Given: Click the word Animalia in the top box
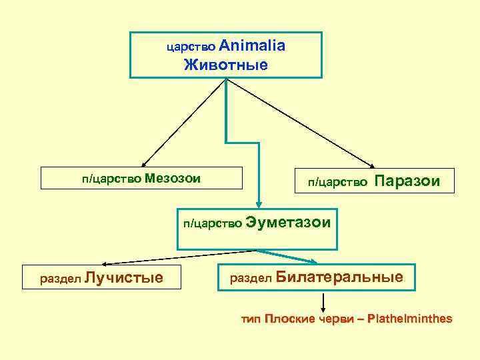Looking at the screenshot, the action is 252,46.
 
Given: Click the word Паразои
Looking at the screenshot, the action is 408,181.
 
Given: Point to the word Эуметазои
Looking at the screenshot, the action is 288,222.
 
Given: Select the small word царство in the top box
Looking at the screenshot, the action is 191,47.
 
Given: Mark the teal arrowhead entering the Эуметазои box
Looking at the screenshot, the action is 261,205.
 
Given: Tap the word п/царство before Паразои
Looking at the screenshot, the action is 337,182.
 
